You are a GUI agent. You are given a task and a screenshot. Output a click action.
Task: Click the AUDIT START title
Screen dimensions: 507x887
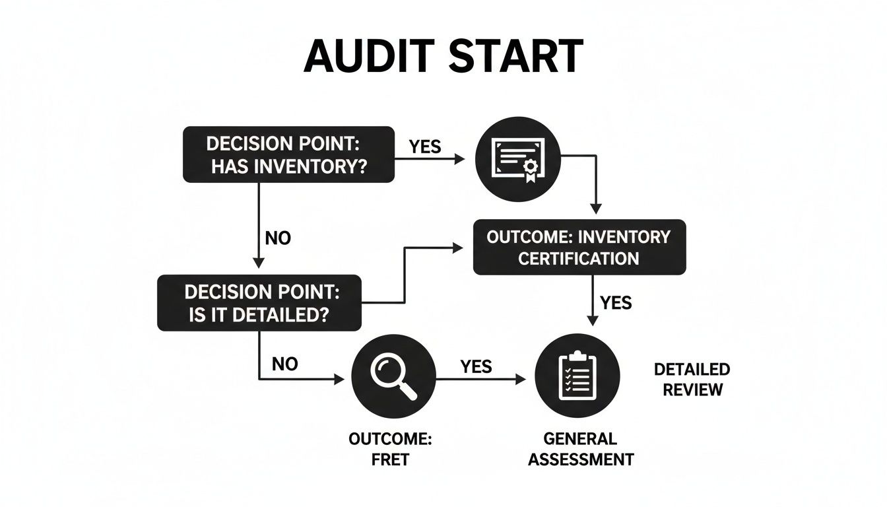(x=443, y=56)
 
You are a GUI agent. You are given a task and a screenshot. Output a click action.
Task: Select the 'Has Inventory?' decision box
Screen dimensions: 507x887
(x=288, y=155)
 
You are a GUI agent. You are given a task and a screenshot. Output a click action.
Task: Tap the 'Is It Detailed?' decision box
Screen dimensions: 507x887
(x=259, y=302)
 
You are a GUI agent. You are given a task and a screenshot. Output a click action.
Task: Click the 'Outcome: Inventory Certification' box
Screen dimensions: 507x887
(x=579, y=247)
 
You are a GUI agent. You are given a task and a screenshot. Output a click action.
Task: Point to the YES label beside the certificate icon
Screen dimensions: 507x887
(x=425, y=147)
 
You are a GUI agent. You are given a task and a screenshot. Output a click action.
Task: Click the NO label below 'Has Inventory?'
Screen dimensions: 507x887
(x=278, y=238)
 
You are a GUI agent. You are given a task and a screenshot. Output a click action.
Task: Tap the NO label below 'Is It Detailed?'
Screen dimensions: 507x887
(x=284, y=364)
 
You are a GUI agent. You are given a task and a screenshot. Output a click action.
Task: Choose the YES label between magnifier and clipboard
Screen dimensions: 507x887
(x=476, y=366)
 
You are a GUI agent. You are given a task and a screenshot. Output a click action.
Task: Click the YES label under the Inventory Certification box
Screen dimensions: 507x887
(x=616, y=303)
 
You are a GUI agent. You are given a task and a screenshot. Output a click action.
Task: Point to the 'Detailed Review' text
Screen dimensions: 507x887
(x=692, y=379)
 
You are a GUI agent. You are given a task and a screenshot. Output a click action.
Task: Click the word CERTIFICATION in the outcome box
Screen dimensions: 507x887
(x=578, y=258)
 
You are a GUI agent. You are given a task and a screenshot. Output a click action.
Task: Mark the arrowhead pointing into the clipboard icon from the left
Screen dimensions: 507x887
(x=522, y=379)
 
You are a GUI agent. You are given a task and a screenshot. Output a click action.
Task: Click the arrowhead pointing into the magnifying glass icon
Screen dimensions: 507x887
(x=341, y=379)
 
